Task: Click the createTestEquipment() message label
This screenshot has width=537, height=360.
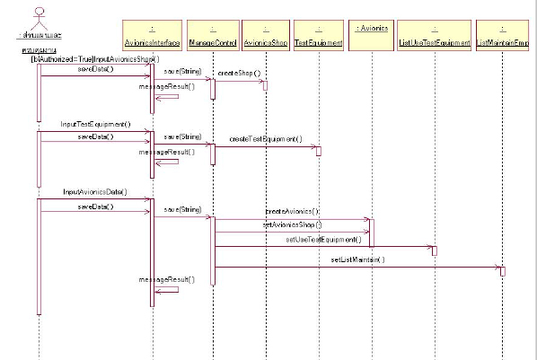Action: point(266,140)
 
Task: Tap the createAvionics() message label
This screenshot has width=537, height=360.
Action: point(292,210)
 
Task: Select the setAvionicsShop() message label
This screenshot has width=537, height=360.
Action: point(291,224)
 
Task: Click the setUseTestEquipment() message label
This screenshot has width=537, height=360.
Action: point(323,240)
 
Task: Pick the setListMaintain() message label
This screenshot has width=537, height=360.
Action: point(357,259)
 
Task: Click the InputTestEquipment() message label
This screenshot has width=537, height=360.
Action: point(95,124)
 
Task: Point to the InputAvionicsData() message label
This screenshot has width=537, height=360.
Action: point(94,191)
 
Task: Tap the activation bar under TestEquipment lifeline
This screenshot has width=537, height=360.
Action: point(318,151)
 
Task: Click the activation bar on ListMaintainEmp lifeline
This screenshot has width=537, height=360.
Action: point(503,270)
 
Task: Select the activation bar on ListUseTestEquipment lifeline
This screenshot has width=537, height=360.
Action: point(435,250)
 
